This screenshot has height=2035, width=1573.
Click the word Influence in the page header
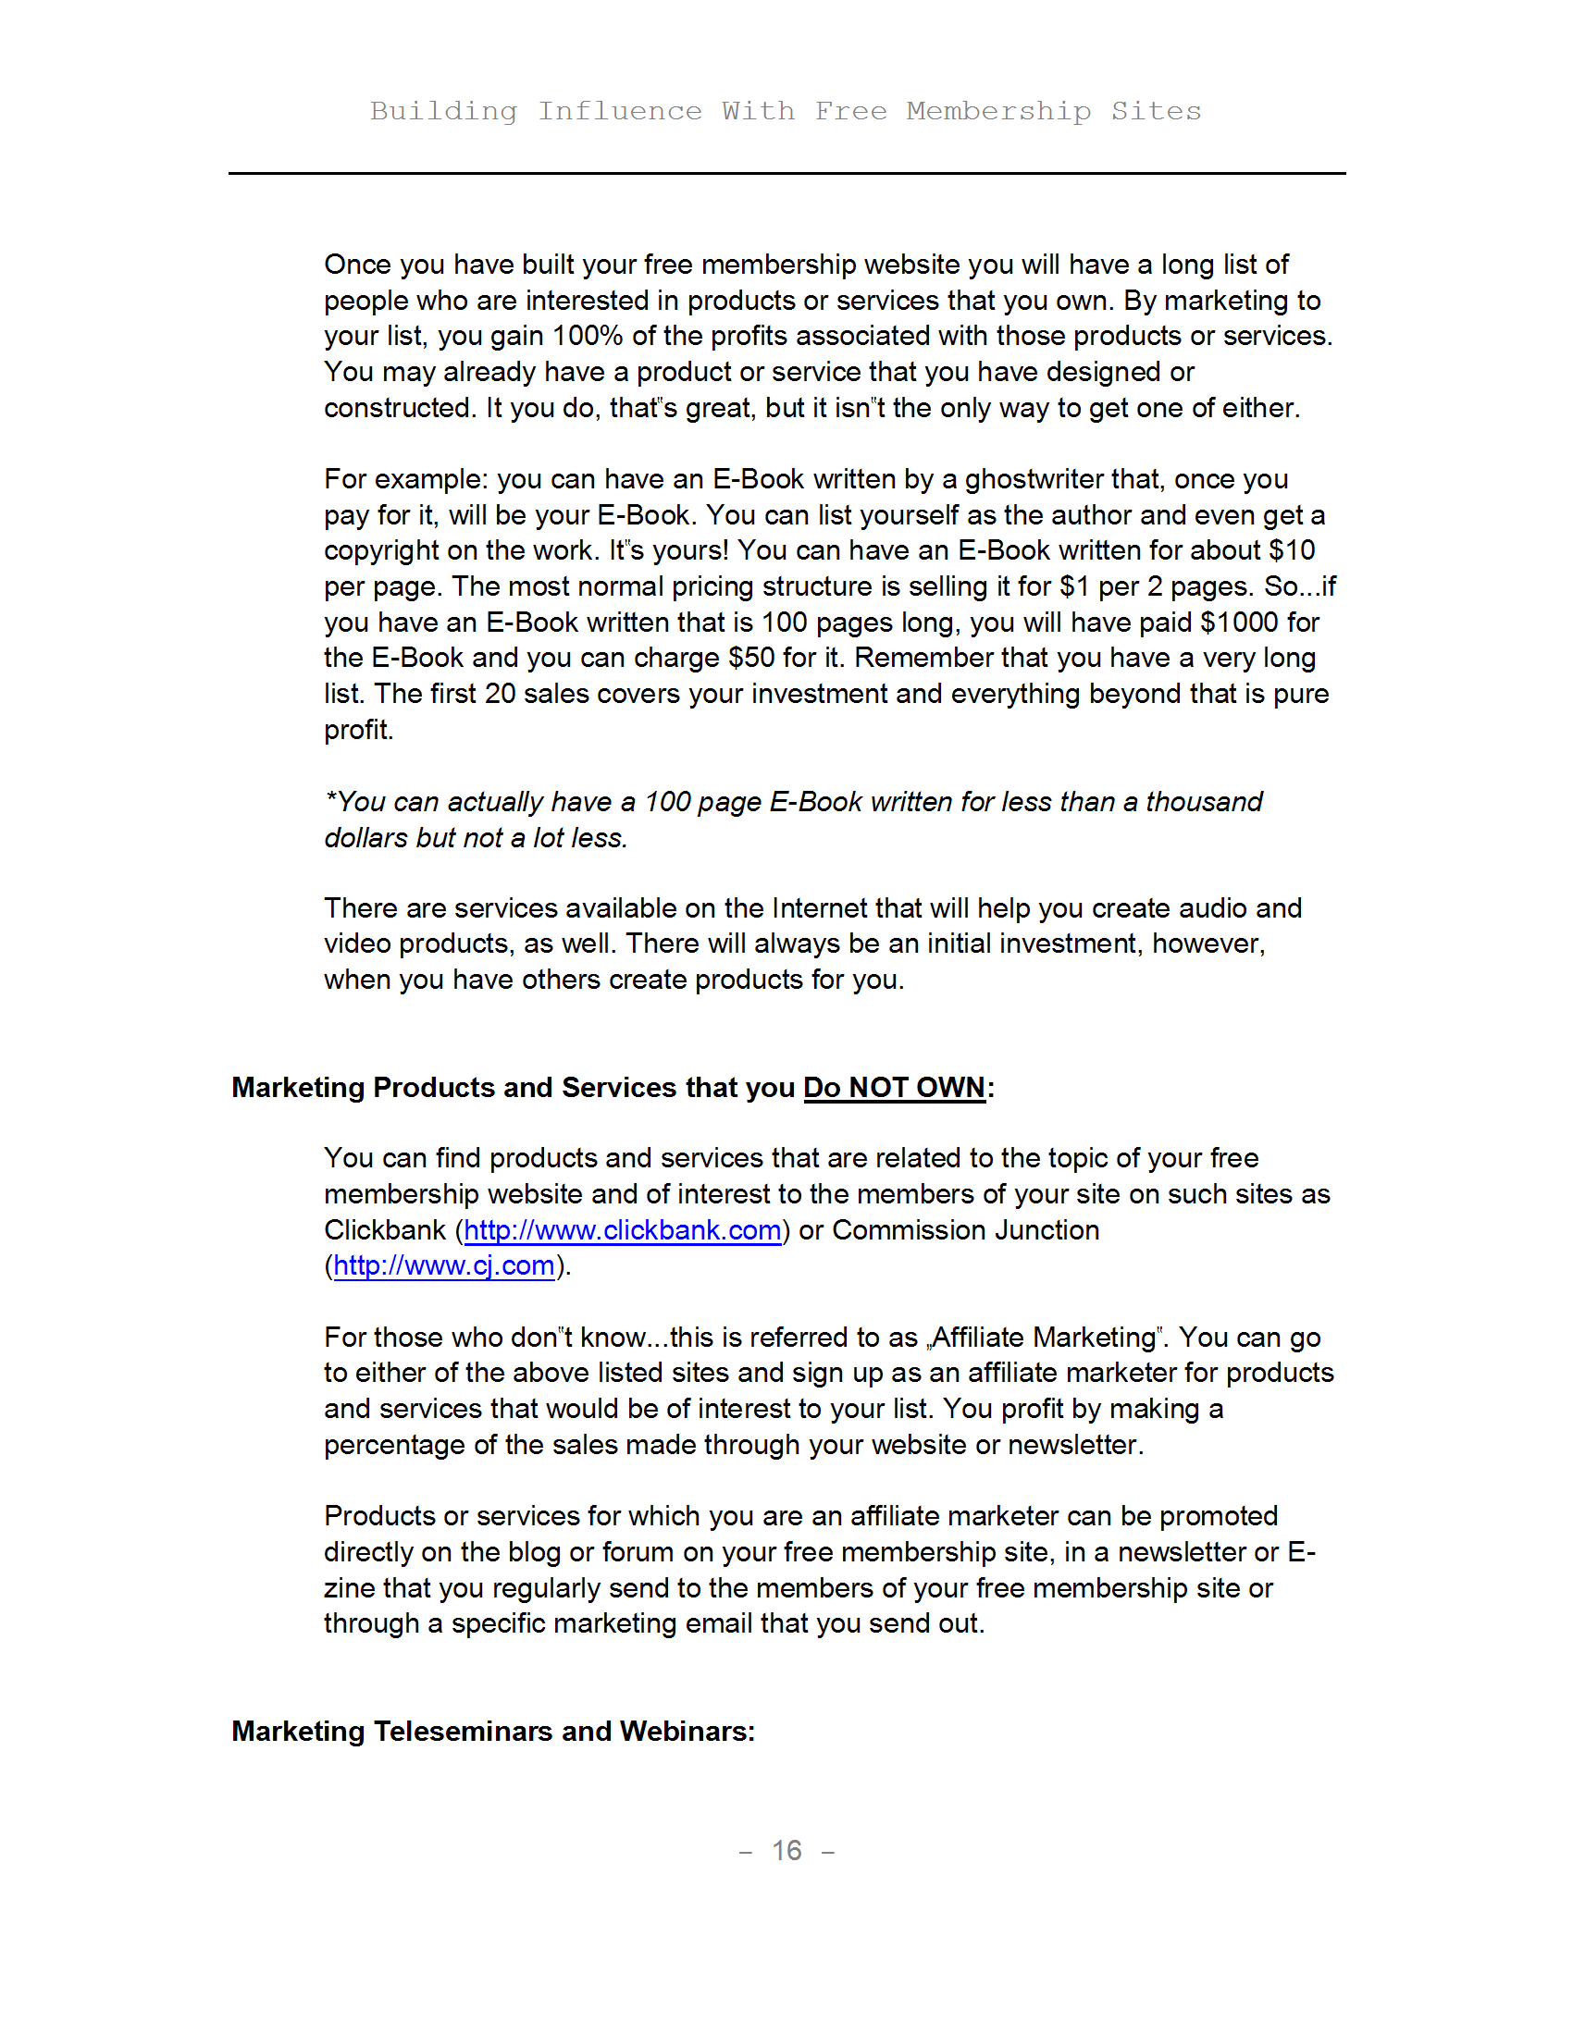pos(620,111)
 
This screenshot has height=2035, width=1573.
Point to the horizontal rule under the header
pos(786,173)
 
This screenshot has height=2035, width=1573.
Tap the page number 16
pos(786,1850)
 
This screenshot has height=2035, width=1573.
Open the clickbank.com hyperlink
pos(622,1230)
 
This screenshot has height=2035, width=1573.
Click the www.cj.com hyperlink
pos(443,1265)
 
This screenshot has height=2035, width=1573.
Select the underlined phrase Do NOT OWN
pos(894,1088)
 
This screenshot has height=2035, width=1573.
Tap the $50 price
pos(751,658)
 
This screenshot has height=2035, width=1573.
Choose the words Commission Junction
pos(965,1230)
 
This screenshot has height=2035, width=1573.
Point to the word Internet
pos(818,907)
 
